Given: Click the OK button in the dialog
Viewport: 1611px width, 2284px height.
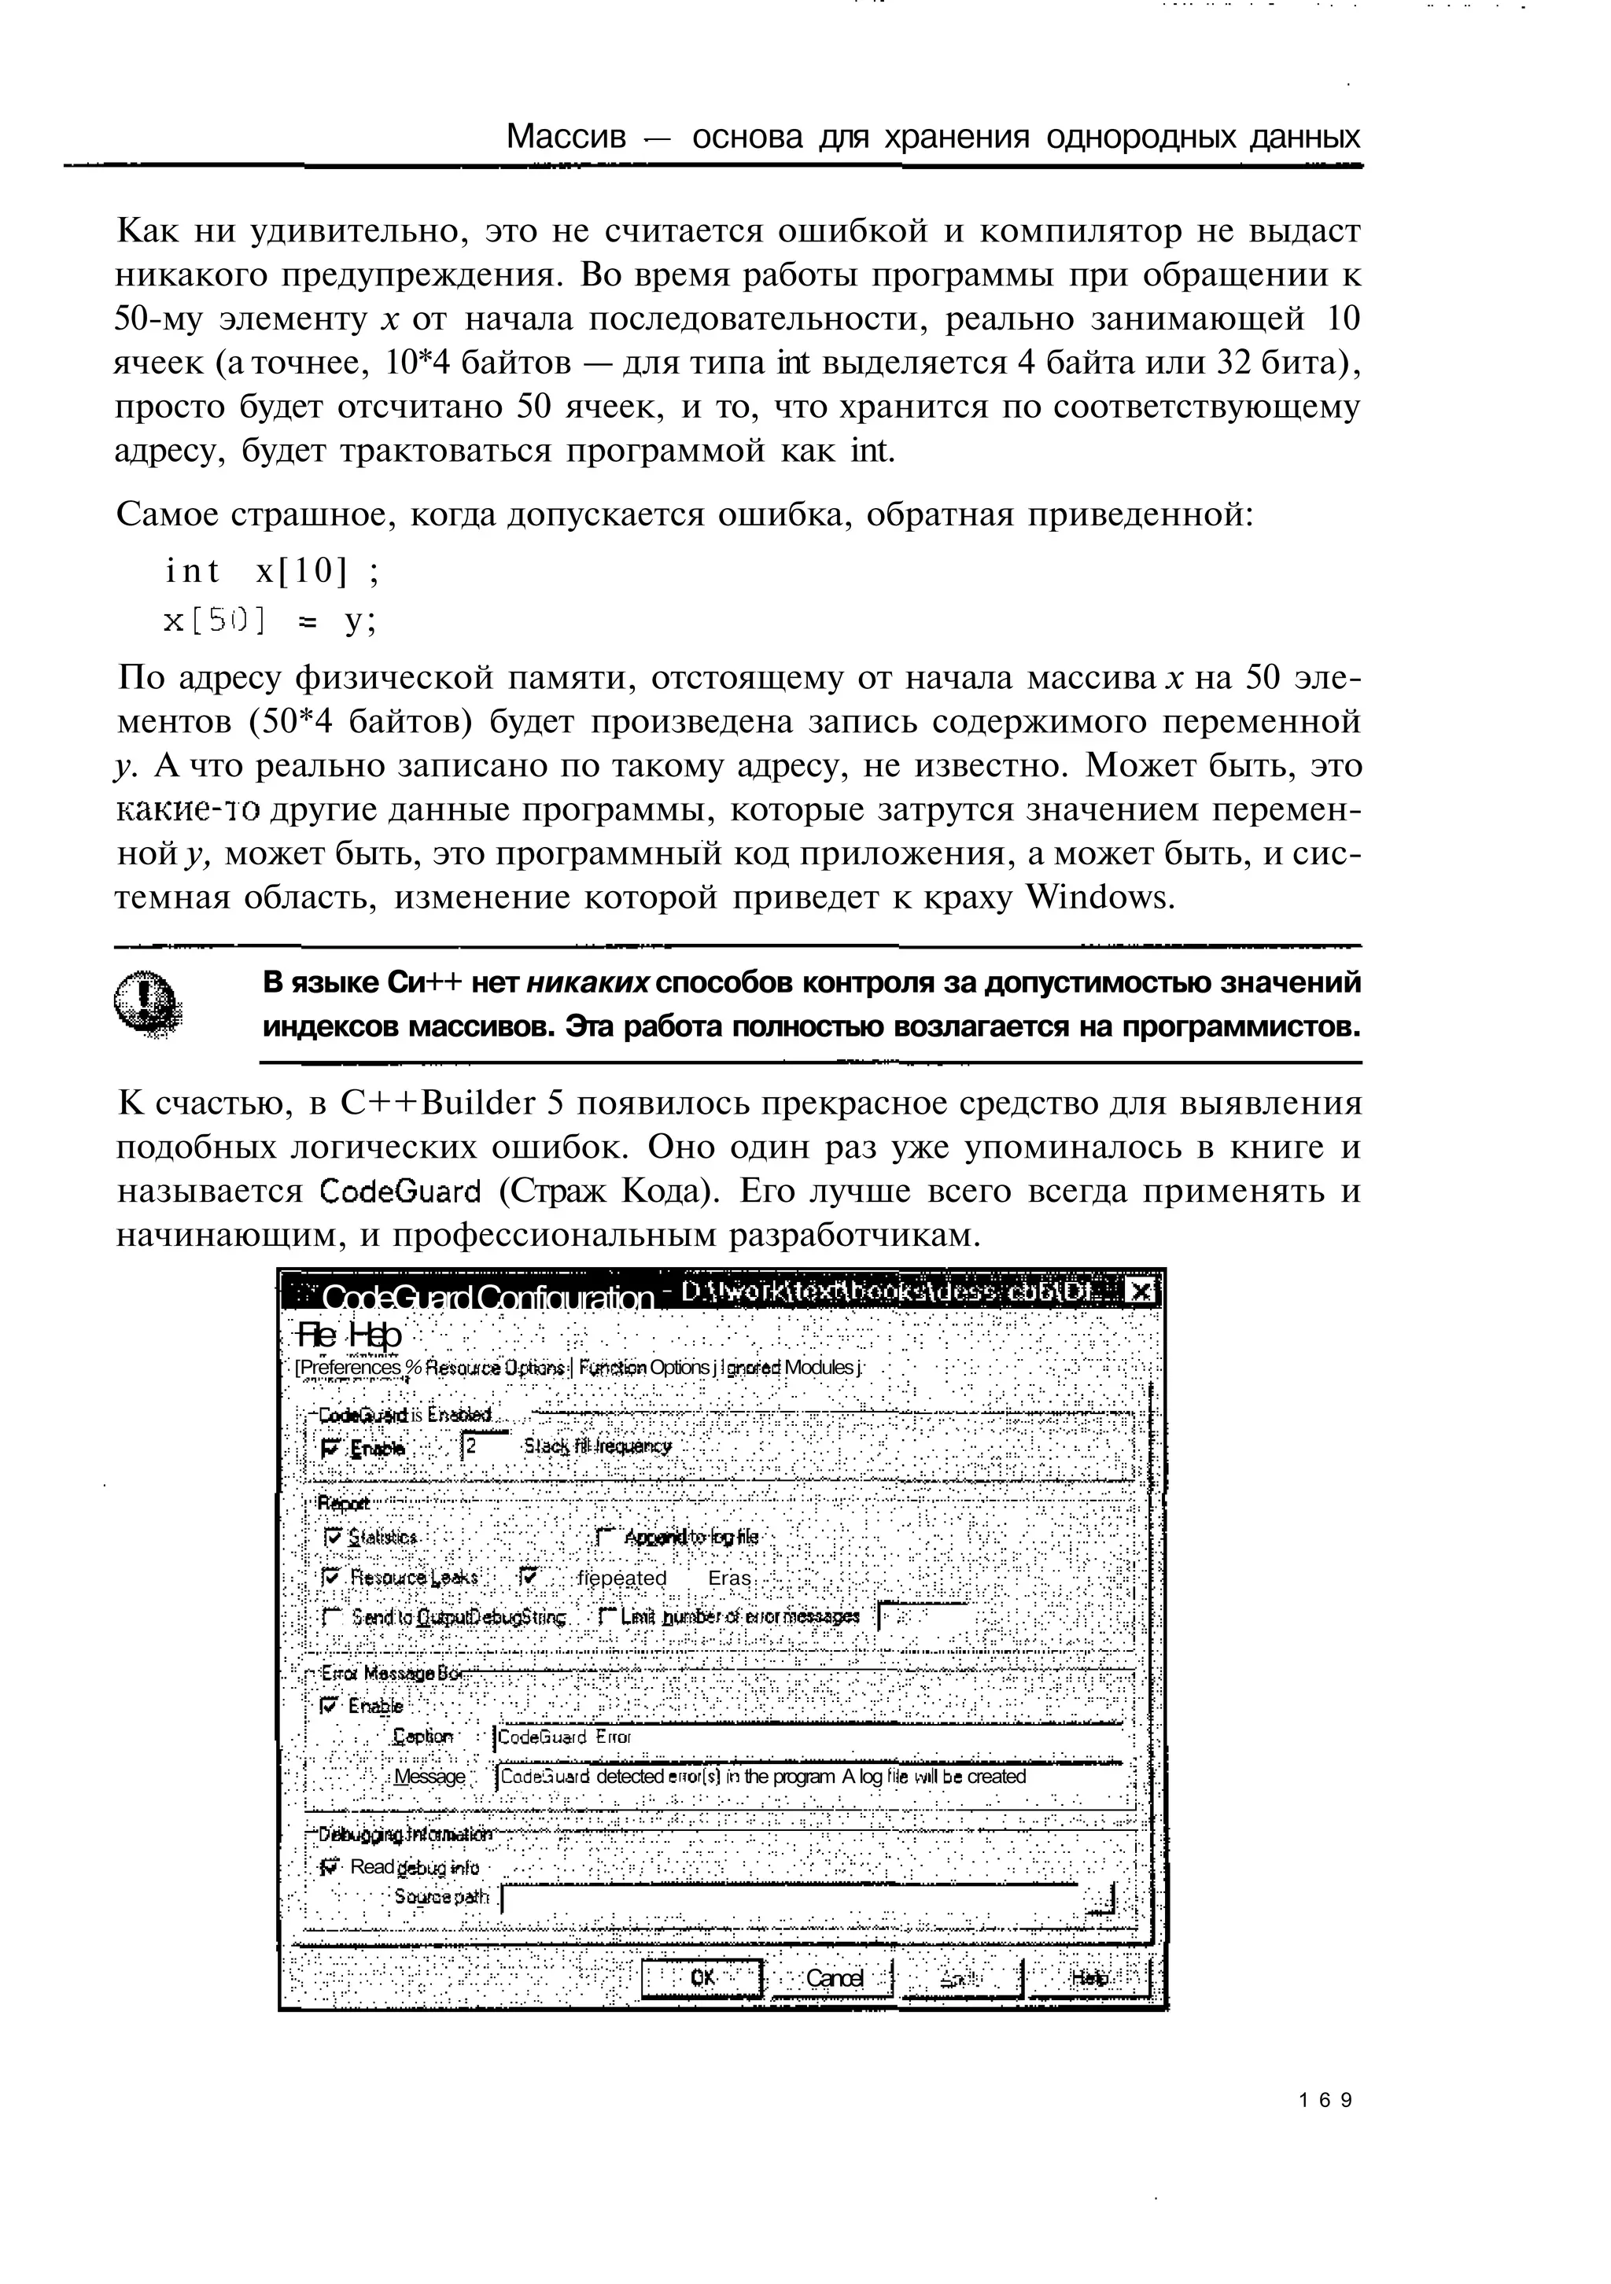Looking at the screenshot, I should [x=702, y=1977].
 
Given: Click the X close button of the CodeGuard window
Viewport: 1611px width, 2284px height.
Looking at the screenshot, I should [x=1141, y=1292].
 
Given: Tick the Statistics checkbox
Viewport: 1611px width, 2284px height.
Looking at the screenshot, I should [x=333, y=1537].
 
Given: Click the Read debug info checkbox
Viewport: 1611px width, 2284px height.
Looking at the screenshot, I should [x=330, y=1867].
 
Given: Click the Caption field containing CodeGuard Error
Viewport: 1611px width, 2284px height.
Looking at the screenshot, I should [x=806, y=1737].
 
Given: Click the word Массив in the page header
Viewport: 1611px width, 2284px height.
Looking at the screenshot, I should [x=566, y=136].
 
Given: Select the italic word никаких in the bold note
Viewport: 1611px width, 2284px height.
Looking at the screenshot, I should [x=587, y=983].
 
